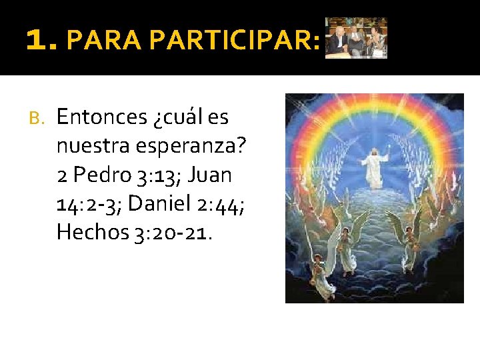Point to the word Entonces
pos(102,117)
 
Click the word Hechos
pos(91,232)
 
